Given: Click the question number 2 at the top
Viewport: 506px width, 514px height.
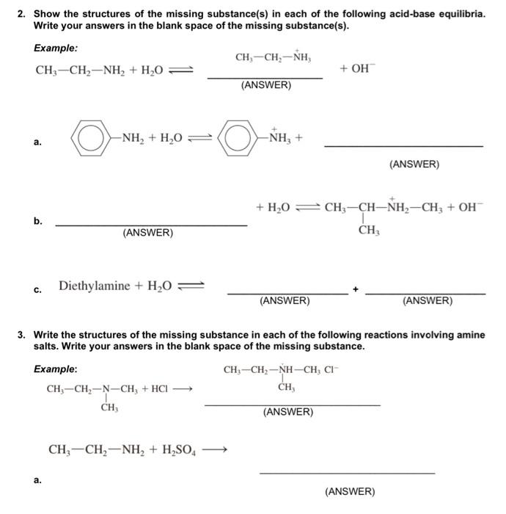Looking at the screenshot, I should [x=22, y=14].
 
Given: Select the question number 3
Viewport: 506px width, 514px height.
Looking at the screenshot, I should [x=22, y=334].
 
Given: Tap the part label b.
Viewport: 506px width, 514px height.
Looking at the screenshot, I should [x=37, y=220].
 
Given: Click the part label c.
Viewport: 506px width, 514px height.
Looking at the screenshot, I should [x=37, y=289].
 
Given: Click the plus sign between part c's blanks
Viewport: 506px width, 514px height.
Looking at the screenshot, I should [x=356, y=290].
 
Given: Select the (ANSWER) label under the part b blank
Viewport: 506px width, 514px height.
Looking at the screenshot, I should [x=148, y=233].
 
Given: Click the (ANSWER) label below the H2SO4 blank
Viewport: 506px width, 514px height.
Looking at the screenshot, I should [x=349, y=491].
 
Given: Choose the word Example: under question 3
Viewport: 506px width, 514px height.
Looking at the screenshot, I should [x=55, y=369].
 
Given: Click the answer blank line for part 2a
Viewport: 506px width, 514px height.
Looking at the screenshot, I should [x=403, y=146].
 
